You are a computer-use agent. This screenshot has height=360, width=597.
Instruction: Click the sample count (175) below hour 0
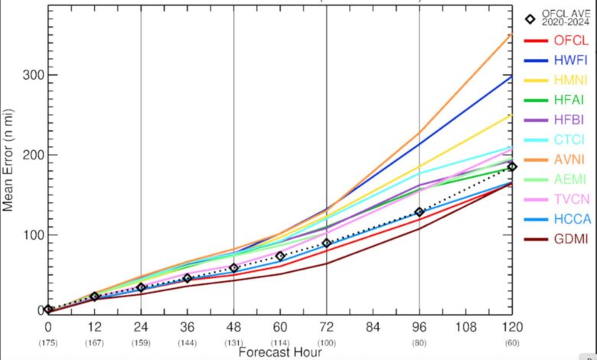click(x=47, y=342)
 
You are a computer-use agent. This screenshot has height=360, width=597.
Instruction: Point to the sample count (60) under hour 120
click(x=512, y=342)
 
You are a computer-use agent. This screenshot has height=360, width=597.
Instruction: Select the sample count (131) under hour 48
click(x=233, y=342)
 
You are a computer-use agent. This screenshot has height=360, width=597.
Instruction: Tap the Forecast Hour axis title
click(x=280, y=352)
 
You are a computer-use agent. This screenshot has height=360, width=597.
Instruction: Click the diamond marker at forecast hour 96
click(x=419, y=212)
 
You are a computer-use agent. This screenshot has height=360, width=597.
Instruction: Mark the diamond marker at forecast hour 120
click(x=512, y=166)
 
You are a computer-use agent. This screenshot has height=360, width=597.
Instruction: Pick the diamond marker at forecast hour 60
click(x=280, y=256)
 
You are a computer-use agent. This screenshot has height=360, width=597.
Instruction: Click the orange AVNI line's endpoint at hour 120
click(x=512, y=34)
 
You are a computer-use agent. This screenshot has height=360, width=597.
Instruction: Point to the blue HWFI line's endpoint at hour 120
click(x=512, y=76)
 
